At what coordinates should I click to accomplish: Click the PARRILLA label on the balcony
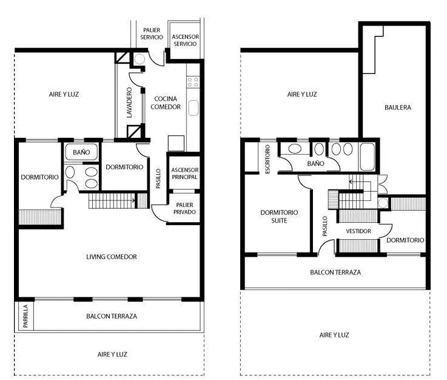pos(25,316)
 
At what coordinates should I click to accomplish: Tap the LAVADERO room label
pos(129,103)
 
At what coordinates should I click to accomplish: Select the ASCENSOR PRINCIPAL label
pos(185,174)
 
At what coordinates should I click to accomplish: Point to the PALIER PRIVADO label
pos(184,208)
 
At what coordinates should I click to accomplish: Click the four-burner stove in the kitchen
pos(193,82)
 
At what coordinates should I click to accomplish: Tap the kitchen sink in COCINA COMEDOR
pos(193,108)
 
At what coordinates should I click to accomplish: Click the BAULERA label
pos(398,107)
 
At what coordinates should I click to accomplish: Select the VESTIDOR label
pos(358,231)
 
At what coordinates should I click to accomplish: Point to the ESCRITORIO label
pos(267,159)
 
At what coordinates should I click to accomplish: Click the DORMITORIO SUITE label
pos(279,217)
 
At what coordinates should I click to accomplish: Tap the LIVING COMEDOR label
pos(112,257)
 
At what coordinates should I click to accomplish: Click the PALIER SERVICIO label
pos(152,33)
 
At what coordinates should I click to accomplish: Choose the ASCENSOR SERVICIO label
pos(186,40)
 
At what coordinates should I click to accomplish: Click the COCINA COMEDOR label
pos(166,103)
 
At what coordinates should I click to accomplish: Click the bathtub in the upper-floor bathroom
pos(368,157)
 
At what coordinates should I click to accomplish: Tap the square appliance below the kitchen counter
pos(176,143)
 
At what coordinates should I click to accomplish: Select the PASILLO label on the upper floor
pos(324,226)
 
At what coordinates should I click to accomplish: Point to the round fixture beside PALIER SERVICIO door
pos(139,59)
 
